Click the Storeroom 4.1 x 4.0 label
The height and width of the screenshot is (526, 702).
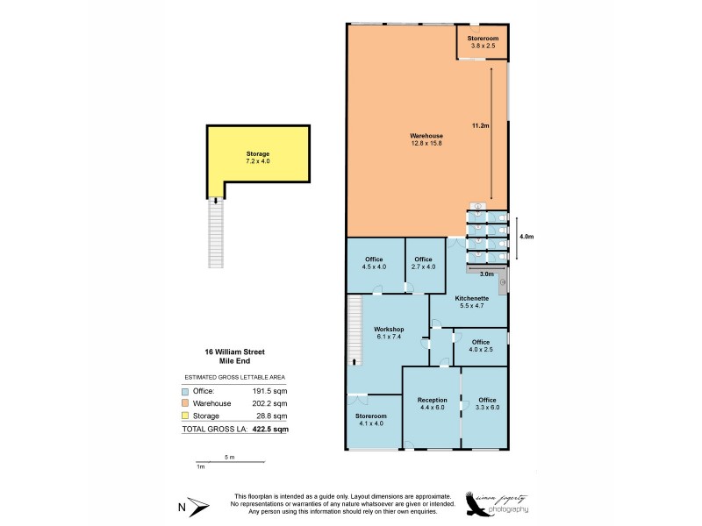pyautogui.click(x=371, y=420)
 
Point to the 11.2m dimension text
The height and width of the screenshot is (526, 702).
pyautogui.click(x=480, y=126)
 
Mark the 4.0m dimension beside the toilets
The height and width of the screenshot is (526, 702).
pyautogui.click(x=526, y=237)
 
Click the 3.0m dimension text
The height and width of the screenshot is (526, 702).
pyautogui.click(x=487, y=274)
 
